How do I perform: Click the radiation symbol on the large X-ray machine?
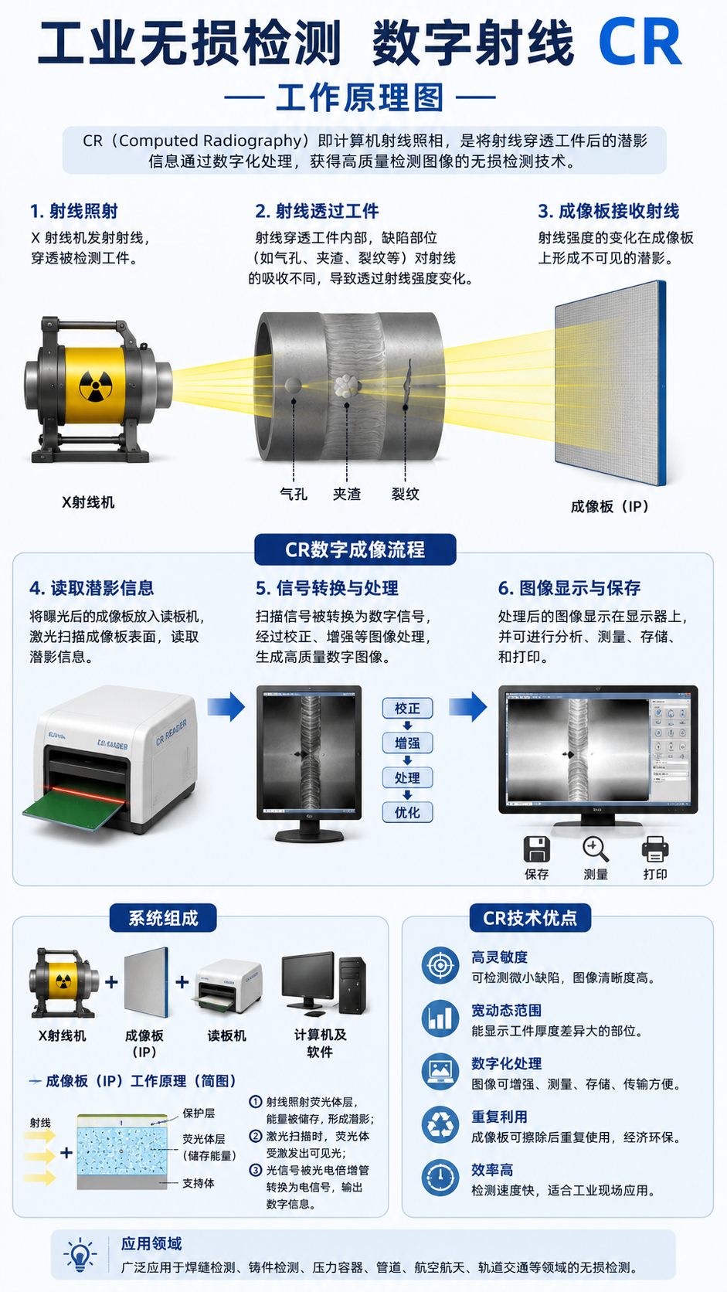[x=95, y=386]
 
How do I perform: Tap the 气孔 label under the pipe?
[x=294, y=494]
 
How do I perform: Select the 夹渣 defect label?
[x=346, y=494]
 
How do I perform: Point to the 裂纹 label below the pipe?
[x=406, y=494]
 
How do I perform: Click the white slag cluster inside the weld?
[x=346, y=386]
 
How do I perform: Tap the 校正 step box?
[x=407, y=709]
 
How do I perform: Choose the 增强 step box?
[x=407, y=743]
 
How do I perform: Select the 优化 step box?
[x=407, y=812]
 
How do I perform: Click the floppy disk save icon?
[x=536, y=849]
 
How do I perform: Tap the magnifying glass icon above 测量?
[x=596, y=849]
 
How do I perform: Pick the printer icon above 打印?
[x=655, y=849]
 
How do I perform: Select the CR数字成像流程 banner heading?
[x=355, y=549]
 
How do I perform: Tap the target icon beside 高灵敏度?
[x=440, y=965]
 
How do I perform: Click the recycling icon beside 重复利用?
[x=440, y=1124]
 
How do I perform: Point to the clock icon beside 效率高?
[x=440, y=1177]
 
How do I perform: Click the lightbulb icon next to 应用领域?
[x=80, y=1254]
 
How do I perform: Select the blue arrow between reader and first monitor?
[x=226, y=706]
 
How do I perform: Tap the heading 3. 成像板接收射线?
[x=608, y=211]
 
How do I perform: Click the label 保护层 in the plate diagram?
[x=199, y=1113]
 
